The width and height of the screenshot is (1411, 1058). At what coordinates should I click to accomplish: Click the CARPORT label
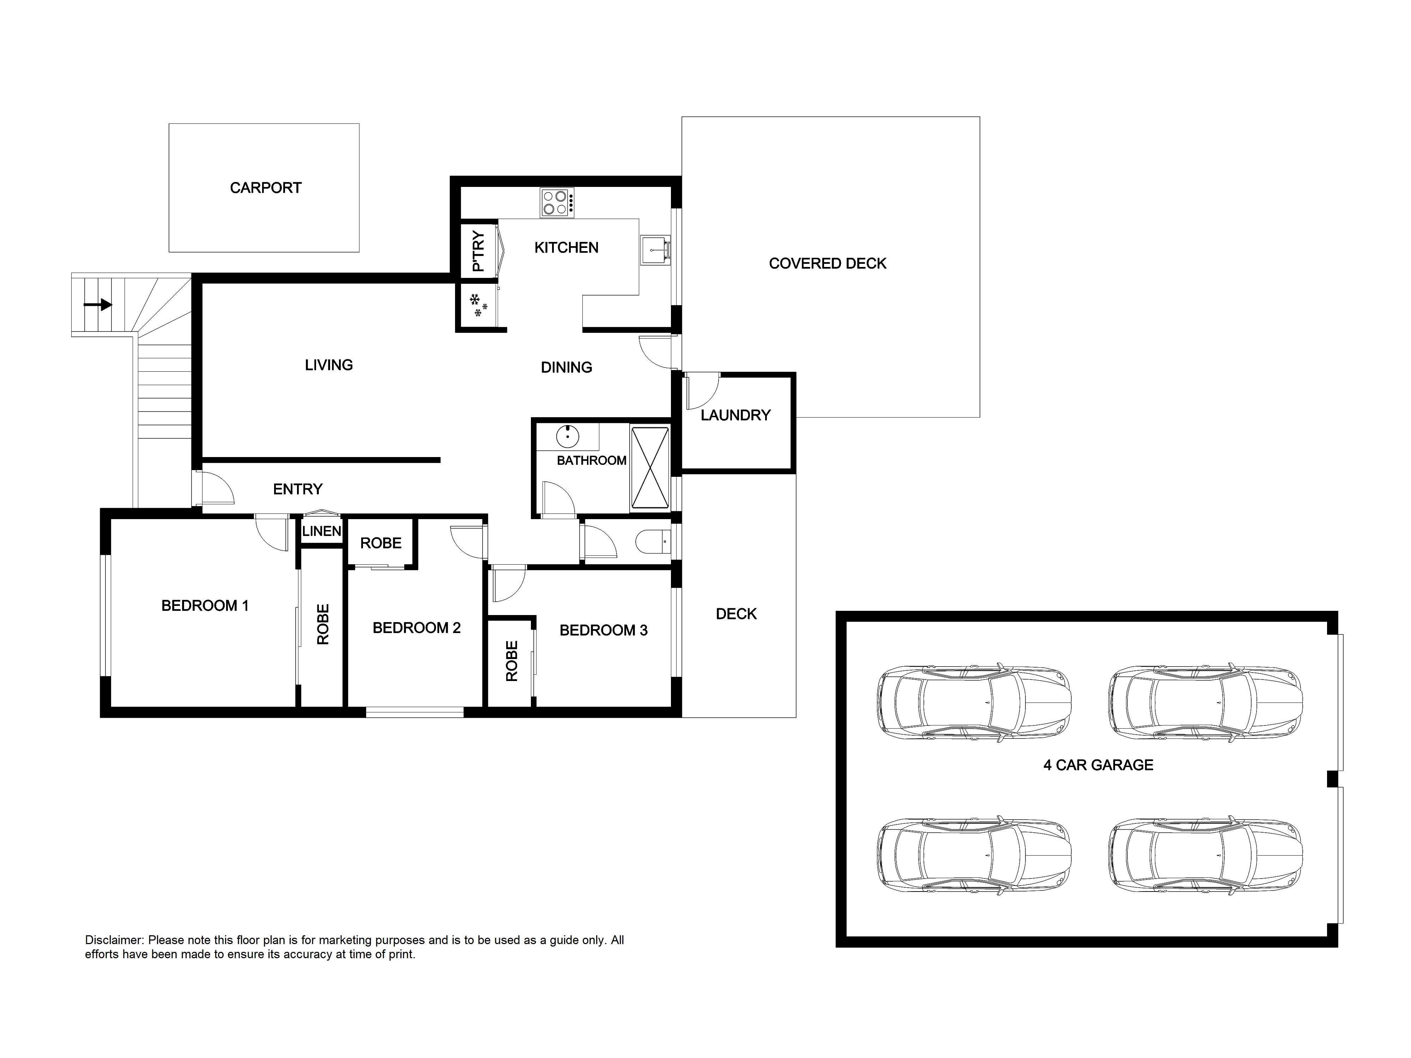[x=265, y=188]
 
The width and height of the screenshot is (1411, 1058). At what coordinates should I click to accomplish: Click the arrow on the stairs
[x=98, y=305]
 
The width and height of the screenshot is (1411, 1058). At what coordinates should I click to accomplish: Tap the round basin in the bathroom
[x=567, y=437]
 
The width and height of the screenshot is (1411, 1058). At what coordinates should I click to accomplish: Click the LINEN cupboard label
[x=321, y=531]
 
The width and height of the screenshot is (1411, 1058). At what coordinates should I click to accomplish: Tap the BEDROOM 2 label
[x=417, y=628]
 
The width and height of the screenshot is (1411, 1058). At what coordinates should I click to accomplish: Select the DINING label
[x=567, y=367]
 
